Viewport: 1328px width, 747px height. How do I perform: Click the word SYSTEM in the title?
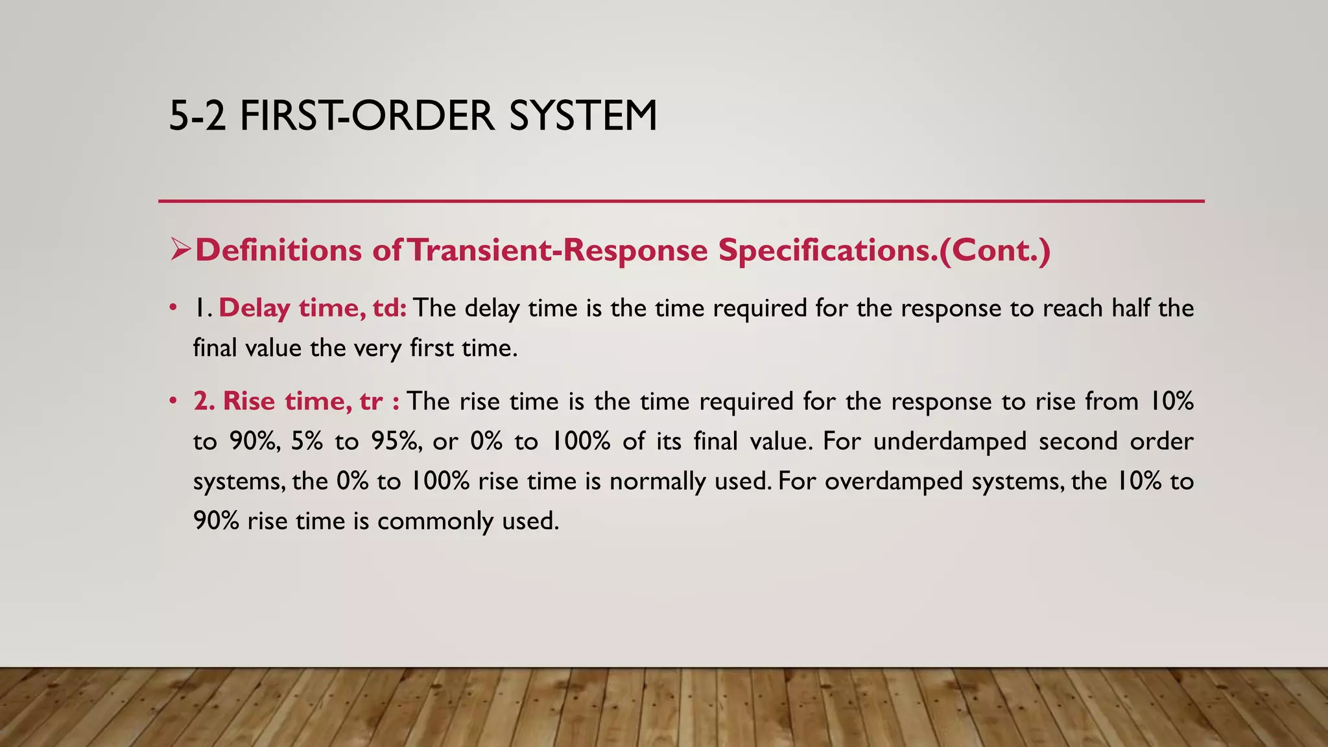point(583,116)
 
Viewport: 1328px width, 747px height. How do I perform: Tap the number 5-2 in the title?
point(197,116)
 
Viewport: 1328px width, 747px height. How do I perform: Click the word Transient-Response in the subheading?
point(558,250)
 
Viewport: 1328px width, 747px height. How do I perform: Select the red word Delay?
point(254,308)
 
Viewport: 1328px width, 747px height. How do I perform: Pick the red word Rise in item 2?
point(250,401)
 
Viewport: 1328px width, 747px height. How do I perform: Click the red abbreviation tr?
point(371,401)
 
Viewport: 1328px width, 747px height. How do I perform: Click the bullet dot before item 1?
point(172,308)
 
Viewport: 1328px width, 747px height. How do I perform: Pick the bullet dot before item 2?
point(172,401)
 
